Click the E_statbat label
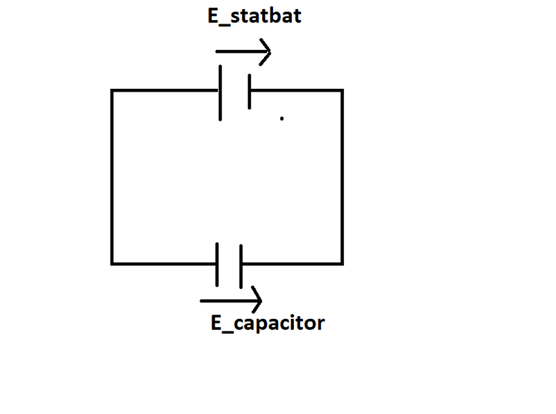(x=254, y=16)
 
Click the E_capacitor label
(x=268, y=323)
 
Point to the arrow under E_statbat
(x=243, y=51)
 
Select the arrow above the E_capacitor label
(x=231, y=301)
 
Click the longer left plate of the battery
(x=220, y=93)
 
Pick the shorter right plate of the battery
(x=250, y=92)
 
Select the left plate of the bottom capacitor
(x=217, y=265)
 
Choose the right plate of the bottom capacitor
(x=240, y=266)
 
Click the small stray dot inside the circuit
(x=282, y=118)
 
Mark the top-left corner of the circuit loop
(x=112, y=91)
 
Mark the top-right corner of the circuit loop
(x=342, y=91)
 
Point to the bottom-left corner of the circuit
(x=112, y=264)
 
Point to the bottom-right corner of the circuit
(x=342, y=264)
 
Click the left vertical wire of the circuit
(x=112, y=177)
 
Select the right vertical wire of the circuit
(x=342, y=177)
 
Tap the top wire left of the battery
(x=165, y=91)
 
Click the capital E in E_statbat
(x=213, y=16)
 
